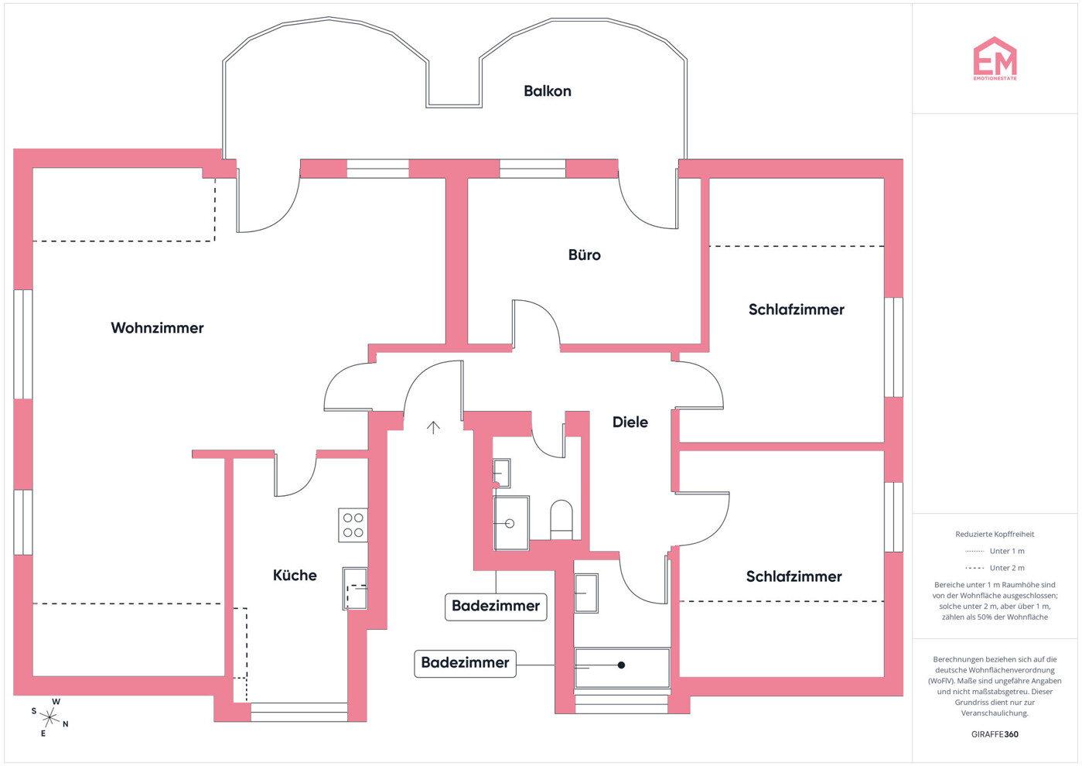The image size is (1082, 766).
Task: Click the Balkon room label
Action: [547, 91]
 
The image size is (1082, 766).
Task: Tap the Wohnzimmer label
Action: [157, 328]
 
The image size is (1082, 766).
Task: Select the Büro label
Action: [584, 255]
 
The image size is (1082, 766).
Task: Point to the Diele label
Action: [630, 422]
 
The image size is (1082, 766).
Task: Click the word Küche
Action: [295, 576]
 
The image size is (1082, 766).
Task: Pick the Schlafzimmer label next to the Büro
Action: [796, 309]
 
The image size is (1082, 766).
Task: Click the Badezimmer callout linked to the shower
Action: [465, 663]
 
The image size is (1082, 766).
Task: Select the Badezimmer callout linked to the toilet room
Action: [496, 607]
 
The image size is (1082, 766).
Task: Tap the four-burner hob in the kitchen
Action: [353, 525]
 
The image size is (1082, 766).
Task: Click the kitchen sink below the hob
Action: [355, 589]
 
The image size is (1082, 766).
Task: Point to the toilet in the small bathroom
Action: [561, 519]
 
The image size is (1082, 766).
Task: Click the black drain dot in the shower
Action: [621, 665]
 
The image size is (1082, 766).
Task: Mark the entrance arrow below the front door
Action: [433, 427]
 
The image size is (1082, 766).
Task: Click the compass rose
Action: [49, 717]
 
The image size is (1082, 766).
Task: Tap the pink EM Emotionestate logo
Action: [995, 59]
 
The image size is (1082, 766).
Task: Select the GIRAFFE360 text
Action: [995, 734]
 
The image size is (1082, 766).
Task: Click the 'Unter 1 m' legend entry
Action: [995, 551]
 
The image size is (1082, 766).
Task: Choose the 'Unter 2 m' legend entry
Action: [995, 568]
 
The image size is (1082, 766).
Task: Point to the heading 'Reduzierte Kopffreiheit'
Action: [995, 534]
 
